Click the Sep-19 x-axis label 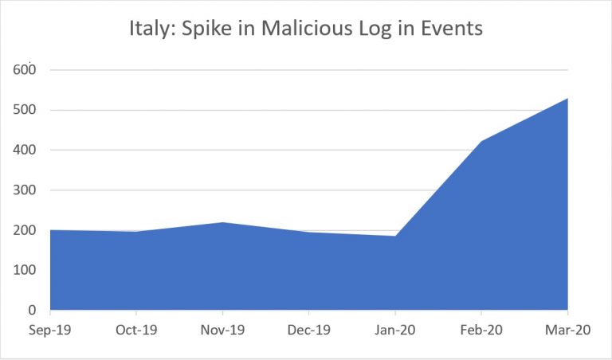50,330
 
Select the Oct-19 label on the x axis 136,330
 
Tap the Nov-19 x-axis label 222,330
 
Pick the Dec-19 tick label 308,330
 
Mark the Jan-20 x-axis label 394,330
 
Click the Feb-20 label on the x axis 481,330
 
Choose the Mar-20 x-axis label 567,330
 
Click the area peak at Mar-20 567,99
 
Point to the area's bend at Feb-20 481,142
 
